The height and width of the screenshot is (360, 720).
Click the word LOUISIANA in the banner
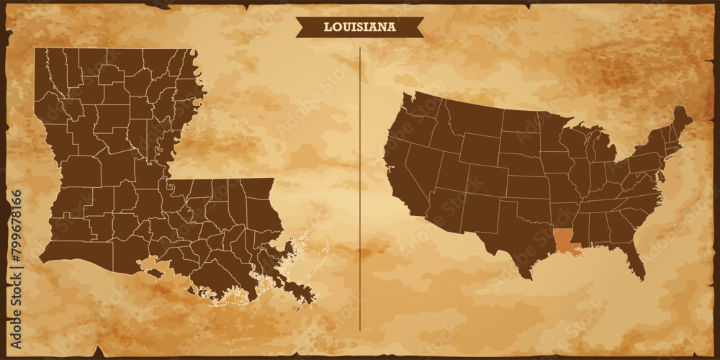(x=359, y=27)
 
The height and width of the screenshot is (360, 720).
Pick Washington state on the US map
(x=419, y=107)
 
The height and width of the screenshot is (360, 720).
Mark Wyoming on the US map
(x=479, y=148)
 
